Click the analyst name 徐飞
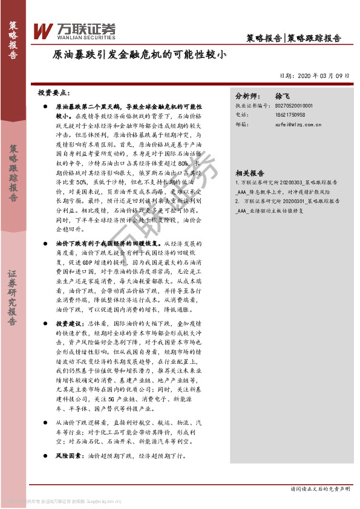pos(283,96)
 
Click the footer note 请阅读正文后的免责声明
pos(320,488)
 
